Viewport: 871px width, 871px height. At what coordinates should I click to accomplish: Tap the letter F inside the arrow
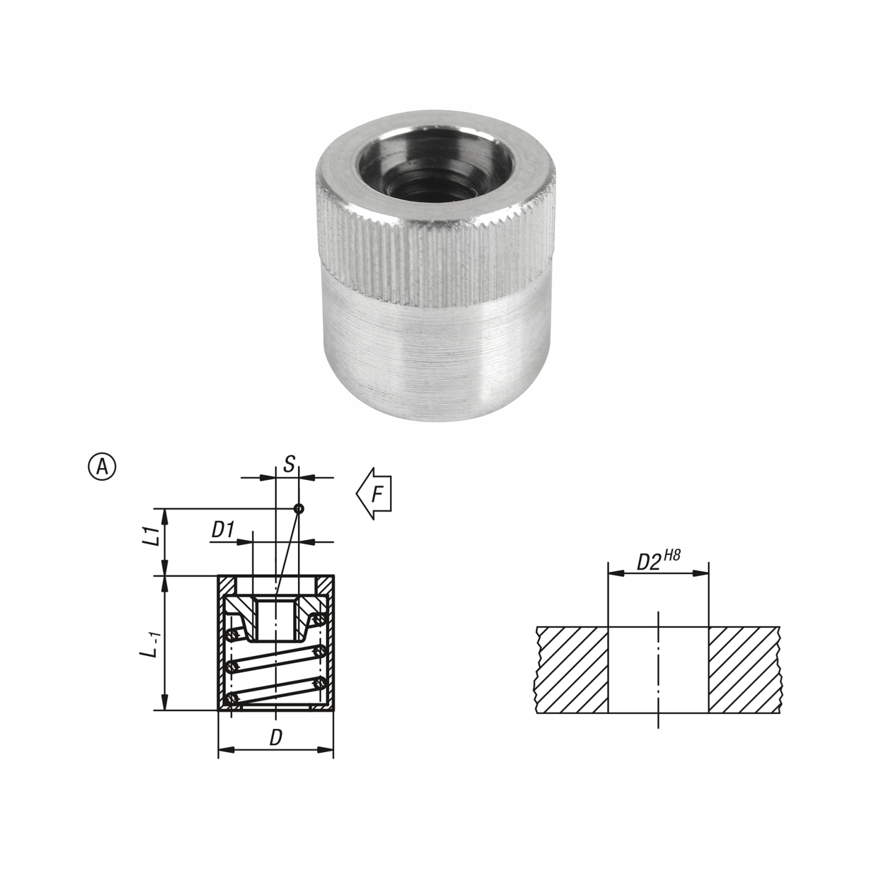(376, 494)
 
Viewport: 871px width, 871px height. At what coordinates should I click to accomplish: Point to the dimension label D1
(223, 530)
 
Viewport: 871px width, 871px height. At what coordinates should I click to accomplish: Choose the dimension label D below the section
(276, 738)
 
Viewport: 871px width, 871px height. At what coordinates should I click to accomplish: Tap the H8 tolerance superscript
(671, 555)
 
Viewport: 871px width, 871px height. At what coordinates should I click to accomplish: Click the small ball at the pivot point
(298, 509)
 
